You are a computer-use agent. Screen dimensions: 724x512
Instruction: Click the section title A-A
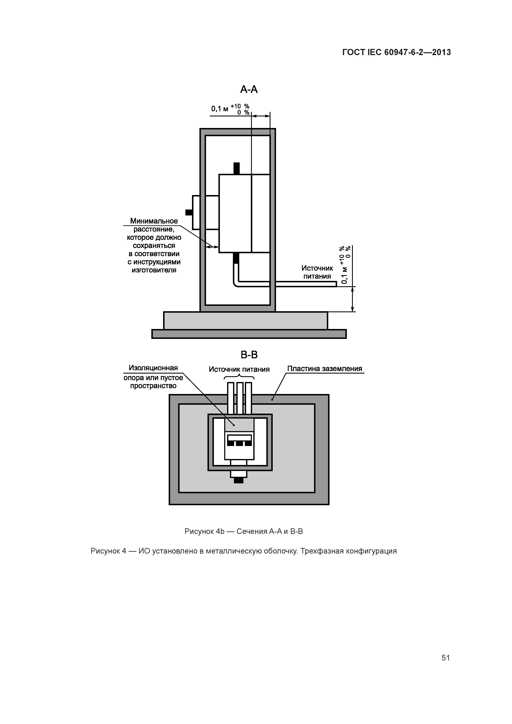(x=249, y=90)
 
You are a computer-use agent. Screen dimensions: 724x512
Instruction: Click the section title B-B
(x=249, y=355)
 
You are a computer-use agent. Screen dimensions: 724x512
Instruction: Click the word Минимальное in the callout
(x=154, y=221)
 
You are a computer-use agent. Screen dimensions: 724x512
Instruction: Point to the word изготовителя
(x=154, y=270)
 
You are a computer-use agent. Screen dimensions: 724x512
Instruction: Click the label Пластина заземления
(x=325, y=369)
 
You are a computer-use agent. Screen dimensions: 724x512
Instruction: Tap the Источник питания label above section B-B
(x=239, y=369)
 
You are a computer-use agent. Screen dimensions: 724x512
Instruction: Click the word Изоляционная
(x=153, y=368)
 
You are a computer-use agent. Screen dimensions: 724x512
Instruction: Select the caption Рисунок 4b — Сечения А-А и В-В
(x=244, y=531)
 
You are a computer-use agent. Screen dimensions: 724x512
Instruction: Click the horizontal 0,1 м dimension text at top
(x=220, y=109)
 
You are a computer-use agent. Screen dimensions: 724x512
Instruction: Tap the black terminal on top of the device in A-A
(x=236, y=168)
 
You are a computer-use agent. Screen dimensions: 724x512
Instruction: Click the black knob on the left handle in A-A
(x=189, y=212)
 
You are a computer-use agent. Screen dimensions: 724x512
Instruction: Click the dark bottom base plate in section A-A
(x=249, y=334)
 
